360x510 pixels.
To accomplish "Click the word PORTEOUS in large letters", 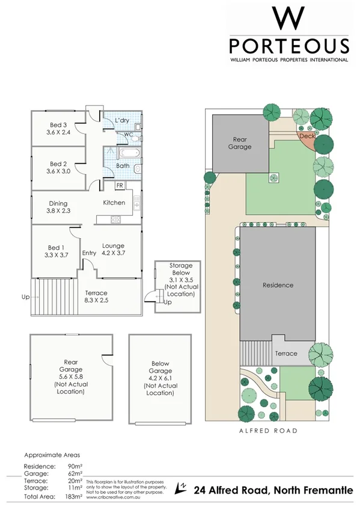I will pyautogui.click(x=289, y=47).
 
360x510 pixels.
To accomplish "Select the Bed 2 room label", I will pyautogui.click(x=58, y=167).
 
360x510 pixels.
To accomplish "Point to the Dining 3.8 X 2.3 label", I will pyautogui.click(x=58, y=207).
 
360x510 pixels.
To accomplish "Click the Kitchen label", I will pyautogui.click(x=114, y=203).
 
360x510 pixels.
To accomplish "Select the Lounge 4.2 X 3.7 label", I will pyautogui.click(x=113, y=250).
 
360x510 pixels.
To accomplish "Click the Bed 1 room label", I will pyautogui.click(x=56, y=250).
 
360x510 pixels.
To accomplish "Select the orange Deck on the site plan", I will pyautogui.click(x=307, y=137).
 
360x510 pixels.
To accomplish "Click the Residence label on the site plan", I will pyautogui.click(x=277, y=285).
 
